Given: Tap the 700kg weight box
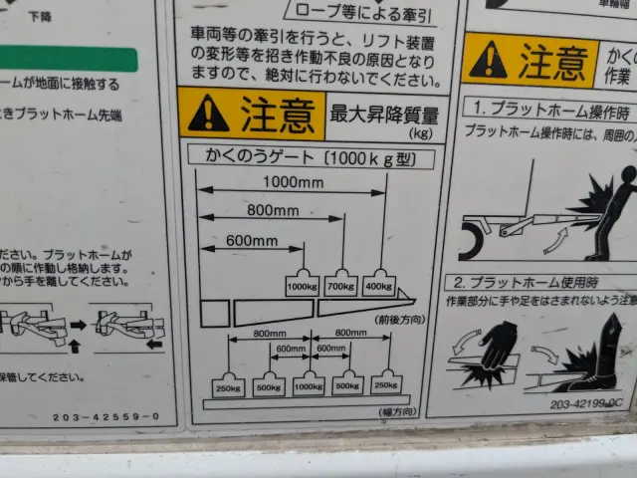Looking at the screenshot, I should click(x=340, y=286).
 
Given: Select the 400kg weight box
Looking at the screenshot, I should click(x=379, y=286).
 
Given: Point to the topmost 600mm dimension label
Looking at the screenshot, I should click(x=251, y=240).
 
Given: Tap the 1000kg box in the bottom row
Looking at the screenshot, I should click(x=308, y=384).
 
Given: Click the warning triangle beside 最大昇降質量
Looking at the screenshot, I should click(x=208, y=114).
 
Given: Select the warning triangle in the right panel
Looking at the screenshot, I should click(x=488, y=61).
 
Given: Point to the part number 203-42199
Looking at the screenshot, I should click(x=587, y=404).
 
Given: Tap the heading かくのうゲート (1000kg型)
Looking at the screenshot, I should click(x=310, y=156).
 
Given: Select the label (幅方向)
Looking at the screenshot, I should click(x=401, y=410).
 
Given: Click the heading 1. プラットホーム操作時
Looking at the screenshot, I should click(x=551, y=108).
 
